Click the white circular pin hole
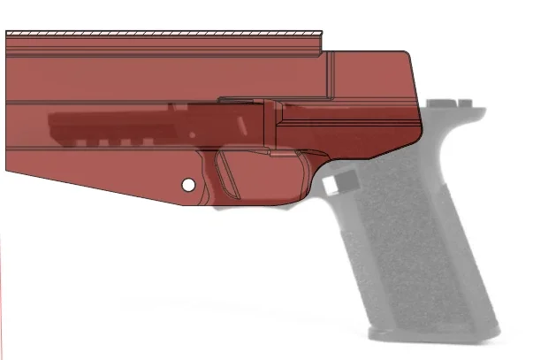[x=187, y=185]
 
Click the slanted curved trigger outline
[x=228, y=172]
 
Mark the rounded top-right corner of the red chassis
[x=407, y=55]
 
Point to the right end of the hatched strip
[x=322, y=34]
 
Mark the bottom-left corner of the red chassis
[x=7, y=172]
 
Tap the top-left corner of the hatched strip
[x=7, y=32]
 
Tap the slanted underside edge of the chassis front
[x=97, y=188]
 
